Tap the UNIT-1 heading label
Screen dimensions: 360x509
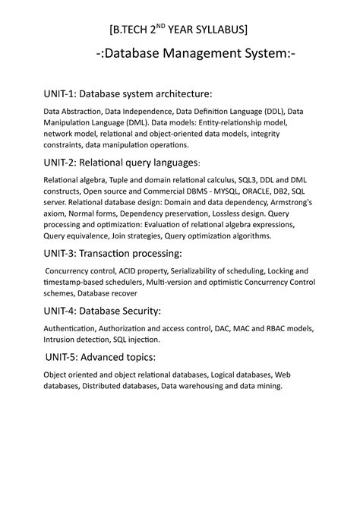(58, 94)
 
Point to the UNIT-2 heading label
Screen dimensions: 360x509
(58, 162)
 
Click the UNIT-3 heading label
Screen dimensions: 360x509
(58, 253)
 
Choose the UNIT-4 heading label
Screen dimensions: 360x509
(58, 310)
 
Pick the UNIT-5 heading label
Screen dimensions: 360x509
(60, 356)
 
